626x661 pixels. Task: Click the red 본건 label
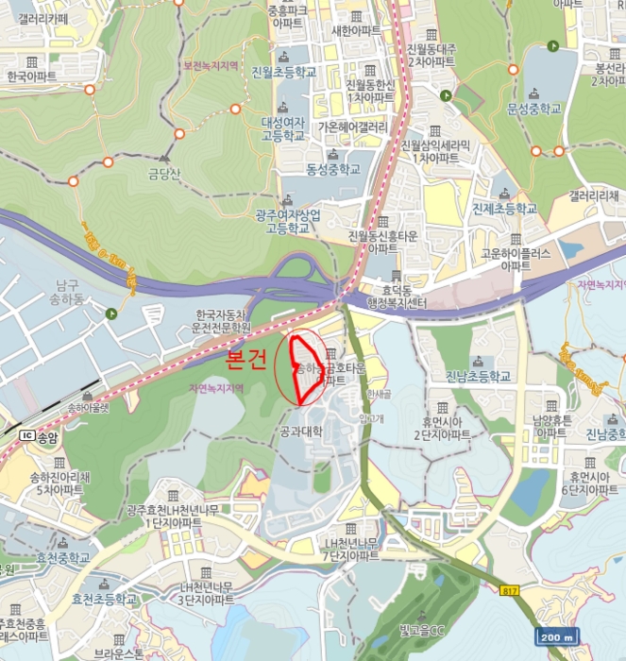click(247, 360)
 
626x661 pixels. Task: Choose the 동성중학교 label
click(333, 170)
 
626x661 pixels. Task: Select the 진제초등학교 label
click(504, 209)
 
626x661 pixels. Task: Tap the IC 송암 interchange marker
click(39, 436)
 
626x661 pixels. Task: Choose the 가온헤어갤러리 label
click(353, 127)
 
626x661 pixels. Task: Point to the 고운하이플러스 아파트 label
click(515, 260)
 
